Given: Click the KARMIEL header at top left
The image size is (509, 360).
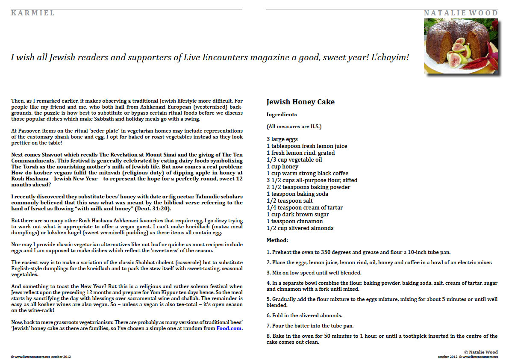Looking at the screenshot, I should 33,13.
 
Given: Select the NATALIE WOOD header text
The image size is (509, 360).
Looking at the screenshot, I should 461,13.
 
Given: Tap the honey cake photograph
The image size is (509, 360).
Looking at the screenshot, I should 461,46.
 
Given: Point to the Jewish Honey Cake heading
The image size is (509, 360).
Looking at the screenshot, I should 300,102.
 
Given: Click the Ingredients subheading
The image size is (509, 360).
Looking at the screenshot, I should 282,115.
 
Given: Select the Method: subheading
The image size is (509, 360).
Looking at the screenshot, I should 277,240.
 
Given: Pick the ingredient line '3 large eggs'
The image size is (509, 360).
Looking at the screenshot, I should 282,139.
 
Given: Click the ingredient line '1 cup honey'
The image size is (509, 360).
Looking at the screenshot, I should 282,166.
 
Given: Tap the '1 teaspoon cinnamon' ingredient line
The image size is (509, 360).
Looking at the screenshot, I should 294,221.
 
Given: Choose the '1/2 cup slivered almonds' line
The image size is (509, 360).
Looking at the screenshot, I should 300,228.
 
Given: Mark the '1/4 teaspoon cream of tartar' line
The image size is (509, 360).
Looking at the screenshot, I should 304,207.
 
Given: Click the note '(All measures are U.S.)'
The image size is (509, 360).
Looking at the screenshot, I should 294,127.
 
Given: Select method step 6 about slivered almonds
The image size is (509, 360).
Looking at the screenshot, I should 304,315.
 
